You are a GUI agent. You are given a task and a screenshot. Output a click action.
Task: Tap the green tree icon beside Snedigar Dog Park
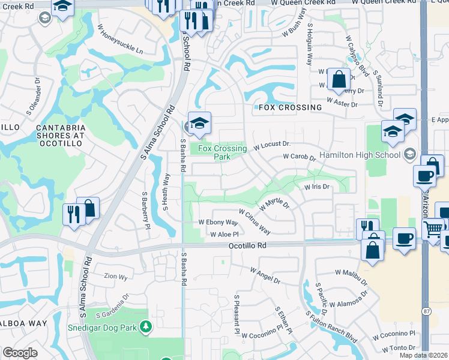(x=145, y=327)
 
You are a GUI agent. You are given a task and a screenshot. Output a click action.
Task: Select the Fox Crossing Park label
(x=222, y=152)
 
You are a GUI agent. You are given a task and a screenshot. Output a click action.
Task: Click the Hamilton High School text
(x=359, y=155)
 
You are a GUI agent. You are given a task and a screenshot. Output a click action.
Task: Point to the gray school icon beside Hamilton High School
(x=409, y=154)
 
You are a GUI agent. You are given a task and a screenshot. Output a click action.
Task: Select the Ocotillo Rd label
(x=247, y=246)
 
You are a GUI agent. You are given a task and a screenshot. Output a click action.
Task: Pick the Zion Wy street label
(x=115, y=277)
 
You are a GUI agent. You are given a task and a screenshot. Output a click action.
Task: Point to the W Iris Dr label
(x=318, y=187)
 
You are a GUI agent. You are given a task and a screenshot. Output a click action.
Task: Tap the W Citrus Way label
(x=255, y=222)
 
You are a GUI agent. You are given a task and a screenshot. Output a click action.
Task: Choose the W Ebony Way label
(x=218, y=222)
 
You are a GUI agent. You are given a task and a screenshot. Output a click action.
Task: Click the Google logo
(x=20, y=353)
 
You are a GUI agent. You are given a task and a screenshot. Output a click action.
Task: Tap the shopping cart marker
(x=433, y=229)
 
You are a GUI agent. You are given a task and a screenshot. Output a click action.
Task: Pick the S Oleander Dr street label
(x=32, y=103)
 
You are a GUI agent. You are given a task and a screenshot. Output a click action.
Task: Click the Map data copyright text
(x=423, y=355)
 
